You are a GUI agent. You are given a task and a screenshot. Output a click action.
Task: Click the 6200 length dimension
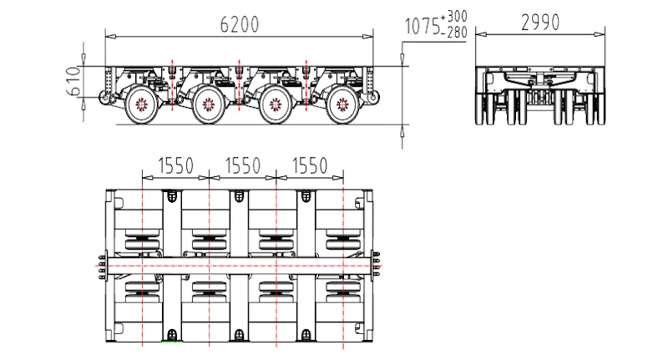[x=240, y=24]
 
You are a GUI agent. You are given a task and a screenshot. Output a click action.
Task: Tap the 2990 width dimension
[x=540, y=23]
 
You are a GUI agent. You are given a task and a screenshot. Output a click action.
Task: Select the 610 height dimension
[x=73, y=80]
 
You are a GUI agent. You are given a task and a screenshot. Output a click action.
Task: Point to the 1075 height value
[x=422, y=26]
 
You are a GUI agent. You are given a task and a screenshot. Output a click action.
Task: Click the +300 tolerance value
[x=454, y=17]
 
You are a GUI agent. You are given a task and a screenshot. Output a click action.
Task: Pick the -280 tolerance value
[x=454, y=32]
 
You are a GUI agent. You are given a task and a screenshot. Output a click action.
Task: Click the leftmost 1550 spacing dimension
[x=175, y=165]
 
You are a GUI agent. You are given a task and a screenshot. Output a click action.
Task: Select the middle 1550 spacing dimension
[x=242, y=165]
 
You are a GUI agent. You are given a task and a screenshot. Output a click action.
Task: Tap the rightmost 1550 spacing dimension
[x=310, y=165]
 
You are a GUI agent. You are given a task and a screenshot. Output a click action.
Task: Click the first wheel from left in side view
[x=141, y=104]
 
